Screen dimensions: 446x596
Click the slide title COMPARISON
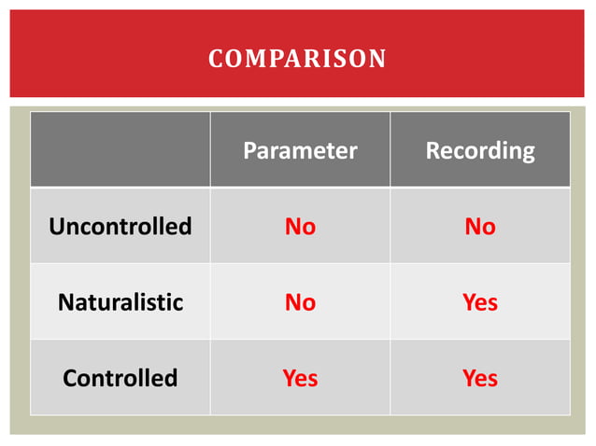297,59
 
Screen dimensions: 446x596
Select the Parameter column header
300,150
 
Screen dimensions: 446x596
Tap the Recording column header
480,150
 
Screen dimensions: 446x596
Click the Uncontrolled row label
120,227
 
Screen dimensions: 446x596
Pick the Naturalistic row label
120,302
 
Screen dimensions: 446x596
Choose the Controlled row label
120,378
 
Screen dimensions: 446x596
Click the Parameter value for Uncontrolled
300,227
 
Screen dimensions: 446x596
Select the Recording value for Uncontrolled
480,227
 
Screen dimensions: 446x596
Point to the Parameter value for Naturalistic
300,302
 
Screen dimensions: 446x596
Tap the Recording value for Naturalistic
480,302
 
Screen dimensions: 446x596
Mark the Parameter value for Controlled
300,378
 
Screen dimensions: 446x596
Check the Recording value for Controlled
480,378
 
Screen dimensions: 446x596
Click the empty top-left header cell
120,150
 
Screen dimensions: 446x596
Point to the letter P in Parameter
249,150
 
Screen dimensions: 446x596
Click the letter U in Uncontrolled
55,227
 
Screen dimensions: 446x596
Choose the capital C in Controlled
69,378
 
